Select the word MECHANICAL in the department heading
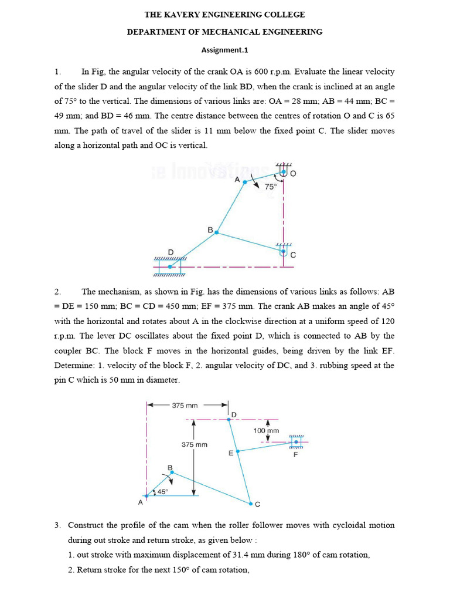point(223,32)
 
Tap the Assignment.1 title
point(225,50)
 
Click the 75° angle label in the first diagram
point(270,186)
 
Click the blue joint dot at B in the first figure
point(216,232)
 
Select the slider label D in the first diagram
point(171,252)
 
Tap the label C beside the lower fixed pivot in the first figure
point(293,255)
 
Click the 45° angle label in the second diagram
point(162,492)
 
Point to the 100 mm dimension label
point(267,430)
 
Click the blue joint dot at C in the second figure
point(250,504)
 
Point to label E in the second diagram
point(231,453)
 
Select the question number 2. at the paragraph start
point(58,291)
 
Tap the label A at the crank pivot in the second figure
point(141,502)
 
